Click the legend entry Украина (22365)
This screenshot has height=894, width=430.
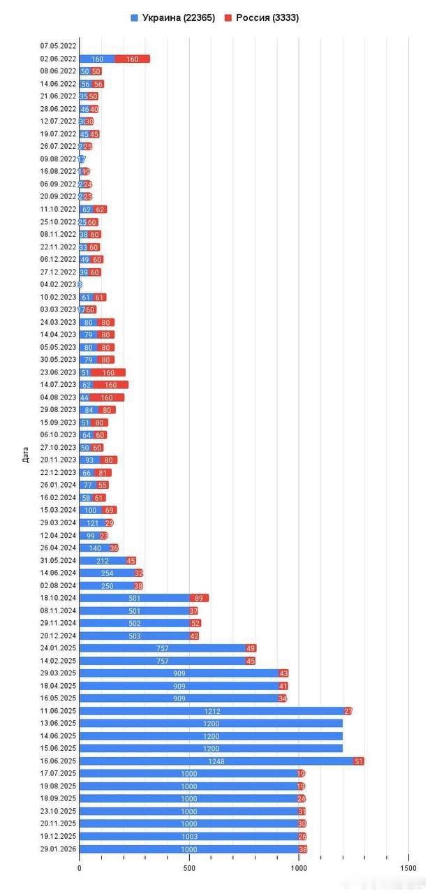[x=172, y=17]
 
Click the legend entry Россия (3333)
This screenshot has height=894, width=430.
[x=262, y=17]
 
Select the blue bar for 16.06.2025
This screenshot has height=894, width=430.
[x=216, y=761]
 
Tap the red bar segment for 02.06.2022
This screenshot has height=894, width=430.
[x=132, y=59]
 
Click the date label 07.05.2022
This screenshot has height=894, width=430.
[x=58, y=46]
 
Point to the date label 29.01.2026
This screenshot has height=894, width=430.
[x=58, y=849]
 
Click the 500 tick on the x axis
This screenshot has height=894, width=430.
[x=189, y=867]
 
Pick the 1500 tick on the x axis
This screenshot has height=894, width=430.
[x=408, y=867]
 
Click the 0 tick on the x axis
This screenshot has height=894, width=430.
[x=80, y=867]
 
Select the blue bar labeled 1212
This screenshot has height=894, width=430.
[x=212, y=710]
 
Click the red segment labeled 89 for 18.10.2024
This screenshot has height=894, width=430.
[x=199, y=598]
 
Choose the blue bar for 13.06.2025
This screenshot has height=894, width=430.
[x=211, y=723]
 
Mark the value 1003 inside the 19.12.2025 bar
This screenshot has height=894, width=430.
[x=189, y=836]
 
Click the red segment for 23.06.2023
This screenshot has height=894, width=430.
[x=108, y=372]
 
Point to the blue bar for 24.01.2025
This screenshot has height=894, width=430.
[x=162, y=647]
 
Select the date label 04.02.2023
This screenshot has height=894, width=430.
[x=58, y=284]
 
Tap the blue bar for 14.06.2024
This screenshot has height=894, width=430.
[x=107, y=573]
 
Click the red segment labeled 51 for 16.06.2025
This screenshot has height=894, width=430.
[x=359, y=761]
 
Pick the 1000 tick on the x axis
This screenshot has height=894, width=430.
[x=299, y=867]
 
